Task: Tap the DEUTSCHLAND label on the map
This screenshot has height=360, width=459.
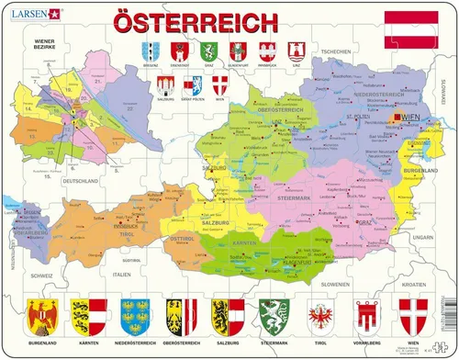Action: [80, 182]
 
